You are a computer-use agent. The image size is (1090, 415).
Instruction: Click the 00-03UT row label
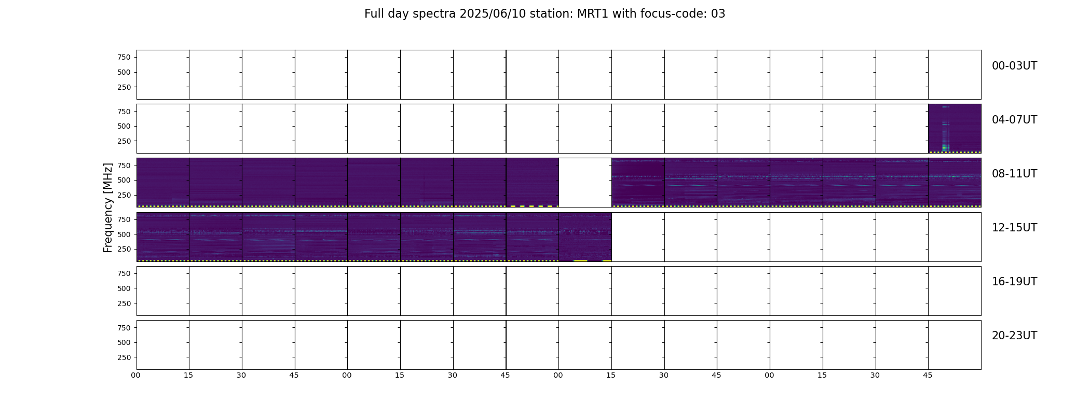(x=1014, y=66)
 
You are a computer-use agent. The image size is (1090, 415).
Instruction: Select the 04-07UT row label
(x=1014, y=120)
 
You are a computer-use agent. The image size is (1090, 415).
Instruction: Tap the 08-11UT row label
(x=1014, y=174)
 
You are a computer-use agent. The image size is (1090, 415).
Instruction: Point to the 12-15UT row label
(x=1014, y=228)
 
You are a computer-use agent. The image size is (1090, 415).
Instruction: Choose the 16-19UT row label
(x=1014, y=282)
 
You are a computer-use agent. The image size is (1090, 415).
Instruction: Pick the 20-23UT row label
(x=1014, y=336)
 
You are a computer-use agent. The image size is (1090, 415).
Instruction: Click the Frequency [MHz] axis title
(x=108, y=208)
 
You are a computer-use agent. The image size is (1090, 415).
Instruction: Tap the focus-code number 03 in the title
(x=718, y=14)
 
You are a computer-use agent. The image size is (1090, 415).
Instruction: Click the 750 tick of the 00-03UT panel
(x=124, y=57)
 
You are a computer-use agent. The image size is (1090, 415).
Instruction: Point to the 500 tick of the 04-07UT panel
(x=124, y=126)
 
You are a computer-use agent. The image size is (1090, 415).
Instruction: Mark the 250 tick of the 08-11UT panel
(x=124, y=195)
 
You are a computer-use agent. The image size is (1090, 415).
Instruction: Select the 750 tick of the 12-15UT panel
(x=124, y=219)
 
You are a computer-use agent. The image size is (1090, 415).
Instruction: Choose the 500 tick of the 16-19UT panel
(x=124, y=288)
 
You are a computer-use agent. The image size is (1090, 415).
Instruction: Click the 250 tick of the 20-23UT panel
(x=124, y=357)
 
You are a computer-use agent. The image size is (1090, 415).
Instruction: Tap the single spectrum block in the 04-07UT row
(x=955, y=129)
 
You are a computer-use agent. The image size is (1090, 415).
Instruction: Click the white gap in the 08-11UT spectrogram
(x=585, y=183)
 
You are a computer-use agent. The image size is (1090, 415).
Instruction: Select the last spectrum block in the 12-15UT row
(x=585, y=237)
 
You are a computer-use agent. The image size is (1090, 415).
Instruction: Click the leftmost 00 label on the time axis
(x=135, y=375)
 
